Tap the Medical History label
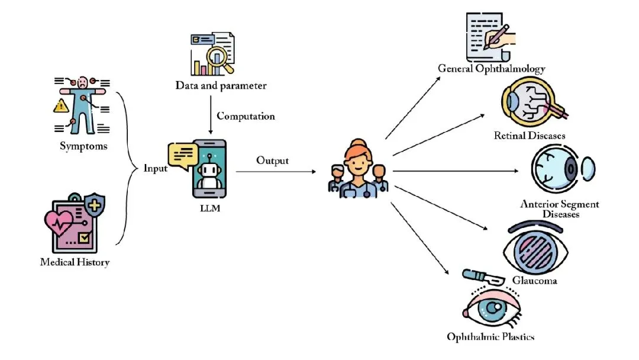[75, 262]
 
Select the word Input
[156, 168]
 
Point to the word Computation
[246, 116]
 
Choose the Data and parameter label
[221, 85]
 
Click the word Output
[273, 160]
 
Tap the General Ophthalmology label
[491, 68]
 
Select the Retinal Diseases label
[530, 136]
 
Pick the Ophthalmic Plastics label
[490, 337]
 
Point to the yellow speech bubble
[182, 156]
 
